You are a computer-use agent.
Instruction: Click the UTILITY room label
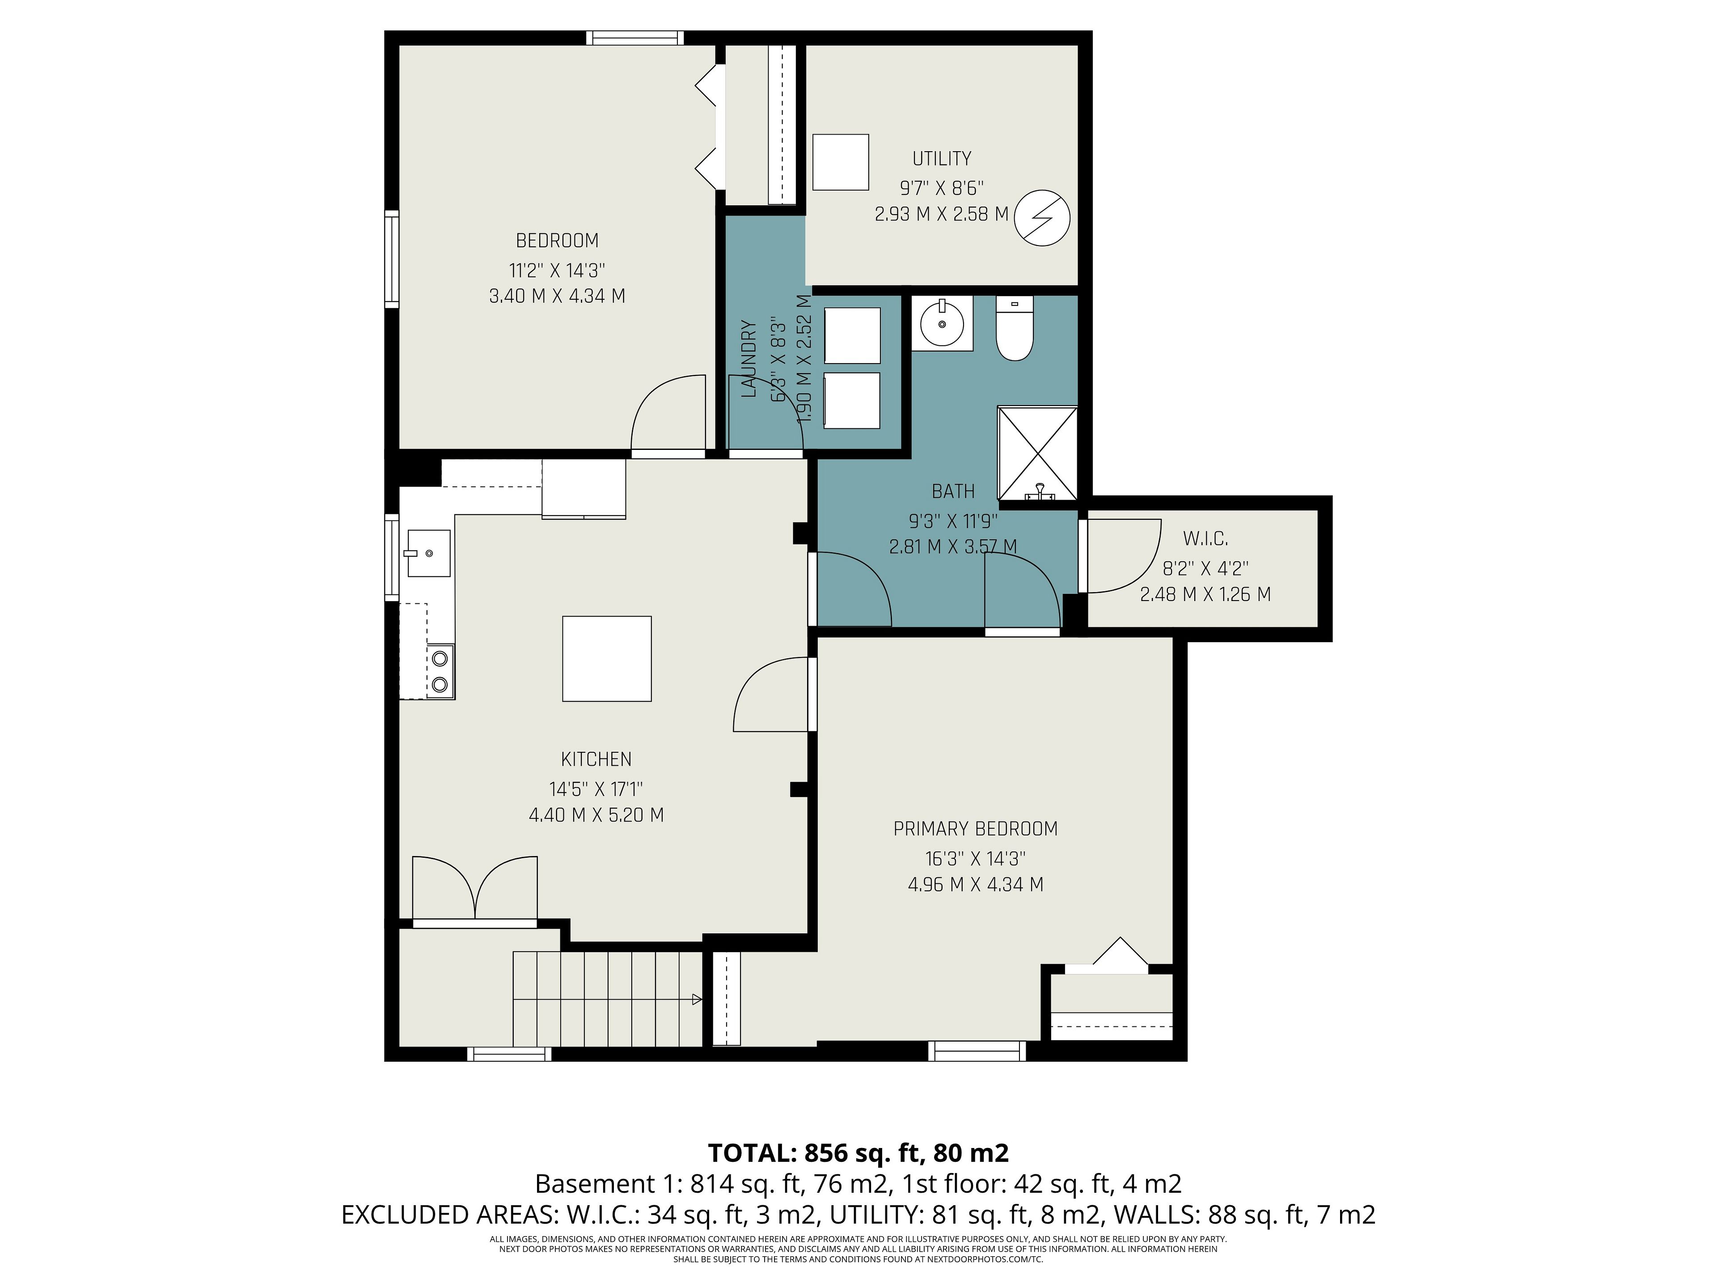pyautogui.click(x=942, y=158)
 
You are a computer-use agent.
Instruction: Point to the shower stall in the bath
pyautogui.click(x=1037, y=453)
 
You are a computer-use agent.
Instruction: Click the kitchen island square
pyautogui.click(x=606, y=658)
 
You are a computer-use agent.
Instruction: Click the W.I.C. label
pyautogui.click(x=1205, y=538)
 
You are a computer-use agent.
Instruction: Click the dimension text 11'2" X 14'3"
pyautogui.click(x=557, y=270)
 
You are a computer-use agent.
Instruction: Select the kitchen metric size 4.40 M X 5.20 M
pyautogui.click(x=596, y=814)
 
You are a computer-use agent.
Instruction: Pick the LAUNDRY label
pyautogui.click(x=748, y=359)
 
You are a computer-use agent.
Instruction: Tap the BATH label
pyautogui.click(x=953, y=491)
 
